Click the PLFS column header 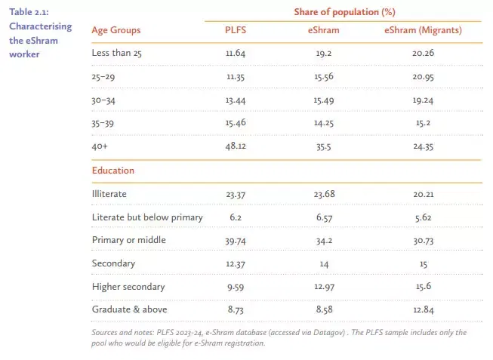[x=236, y=30]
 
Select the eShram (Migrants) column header [x=424, y=30]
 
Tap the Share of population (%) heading [x=344, y=12]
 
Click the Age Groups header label [x=116, y=30]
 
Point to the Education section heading [x=113, y=171]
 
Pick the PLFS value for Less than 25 [x=236, y=53]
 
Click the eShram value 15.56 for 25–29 [x=324, y=77]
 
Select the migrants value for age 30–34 [x=424, y=100]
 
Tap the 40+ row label [x=100, y=146]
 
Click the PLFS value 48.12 [x=236, y=146]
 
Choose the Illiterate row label [x=109, y=194]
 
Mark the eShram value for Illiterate [x=324, y=194]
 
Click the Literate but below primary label [x=147, y=217]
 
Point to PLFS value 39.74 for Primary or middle [x=236, y=241]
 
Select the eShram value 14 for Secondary [x=324, y=264]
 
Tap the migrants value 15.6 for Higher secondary [x=424, y=287]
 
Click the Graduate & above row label [x=130, y=309]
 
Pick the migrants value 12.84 [x=424, y=310]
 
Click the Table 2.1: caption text [x=29, y=12]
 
